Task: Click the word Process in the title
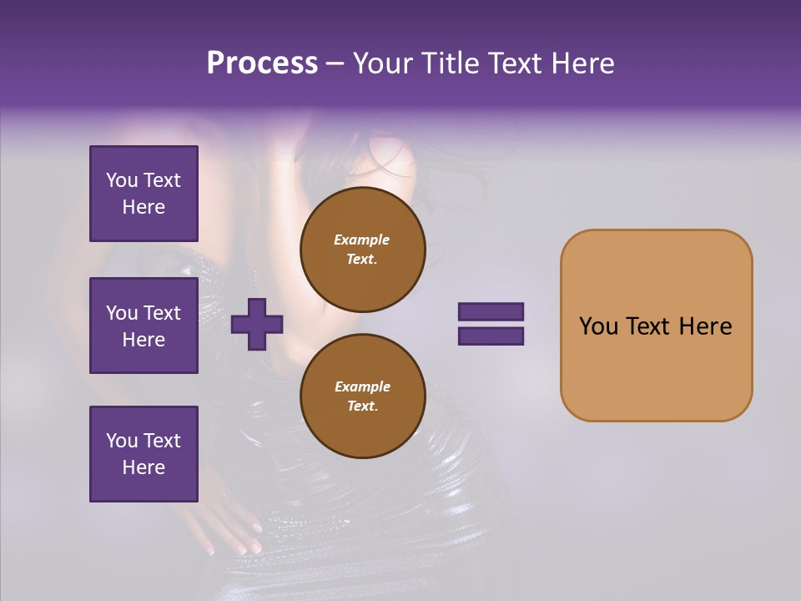tap(262, 63)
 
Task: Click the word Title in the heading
tap(448, 63)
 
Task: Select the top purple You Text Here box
tap(144, 194)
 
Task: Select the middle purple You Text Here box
tap(144, 326)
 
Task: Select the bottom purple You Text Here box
tap(144, 453)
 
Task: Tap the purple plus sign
tap(257, 324)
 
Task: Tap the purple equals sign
tap(491, 324)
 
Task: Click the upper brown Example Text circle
tap(362, 249)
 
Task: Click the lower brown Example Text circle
tap(362, 396)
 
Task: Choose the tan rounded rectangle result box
tap(656, 326)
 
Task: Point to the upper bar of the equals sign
tap(491, 312)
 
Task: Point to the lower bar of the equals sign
tap(491, 336)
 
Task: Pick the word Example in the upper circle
tap(361, 240)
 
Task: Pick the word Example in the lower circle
tap(362, 386)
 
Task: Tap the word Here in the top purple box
tap(144, 207)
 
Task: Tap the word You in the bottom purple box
tap(121, 441)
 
